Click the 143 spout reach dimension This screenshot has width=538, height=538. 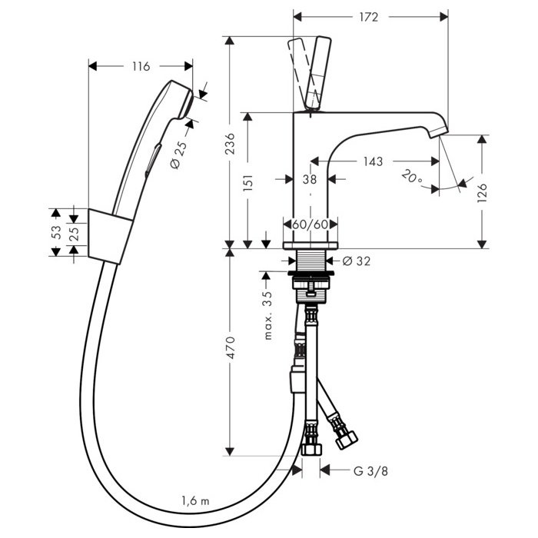point(374,161)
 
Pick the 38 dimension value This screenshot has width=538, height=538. point(310,181)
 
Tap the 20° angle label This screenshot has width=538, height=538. point(411,178)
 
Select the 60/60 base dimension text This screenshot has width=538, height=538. point(310,225)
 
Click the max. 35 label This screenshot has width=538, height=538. point(268,315)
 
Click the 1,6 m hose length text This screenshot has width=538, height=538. point(194,500)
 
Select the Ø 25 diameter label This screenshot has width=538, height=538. point(176,153)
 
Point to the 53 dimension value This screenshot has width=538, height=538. point(56,232)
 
